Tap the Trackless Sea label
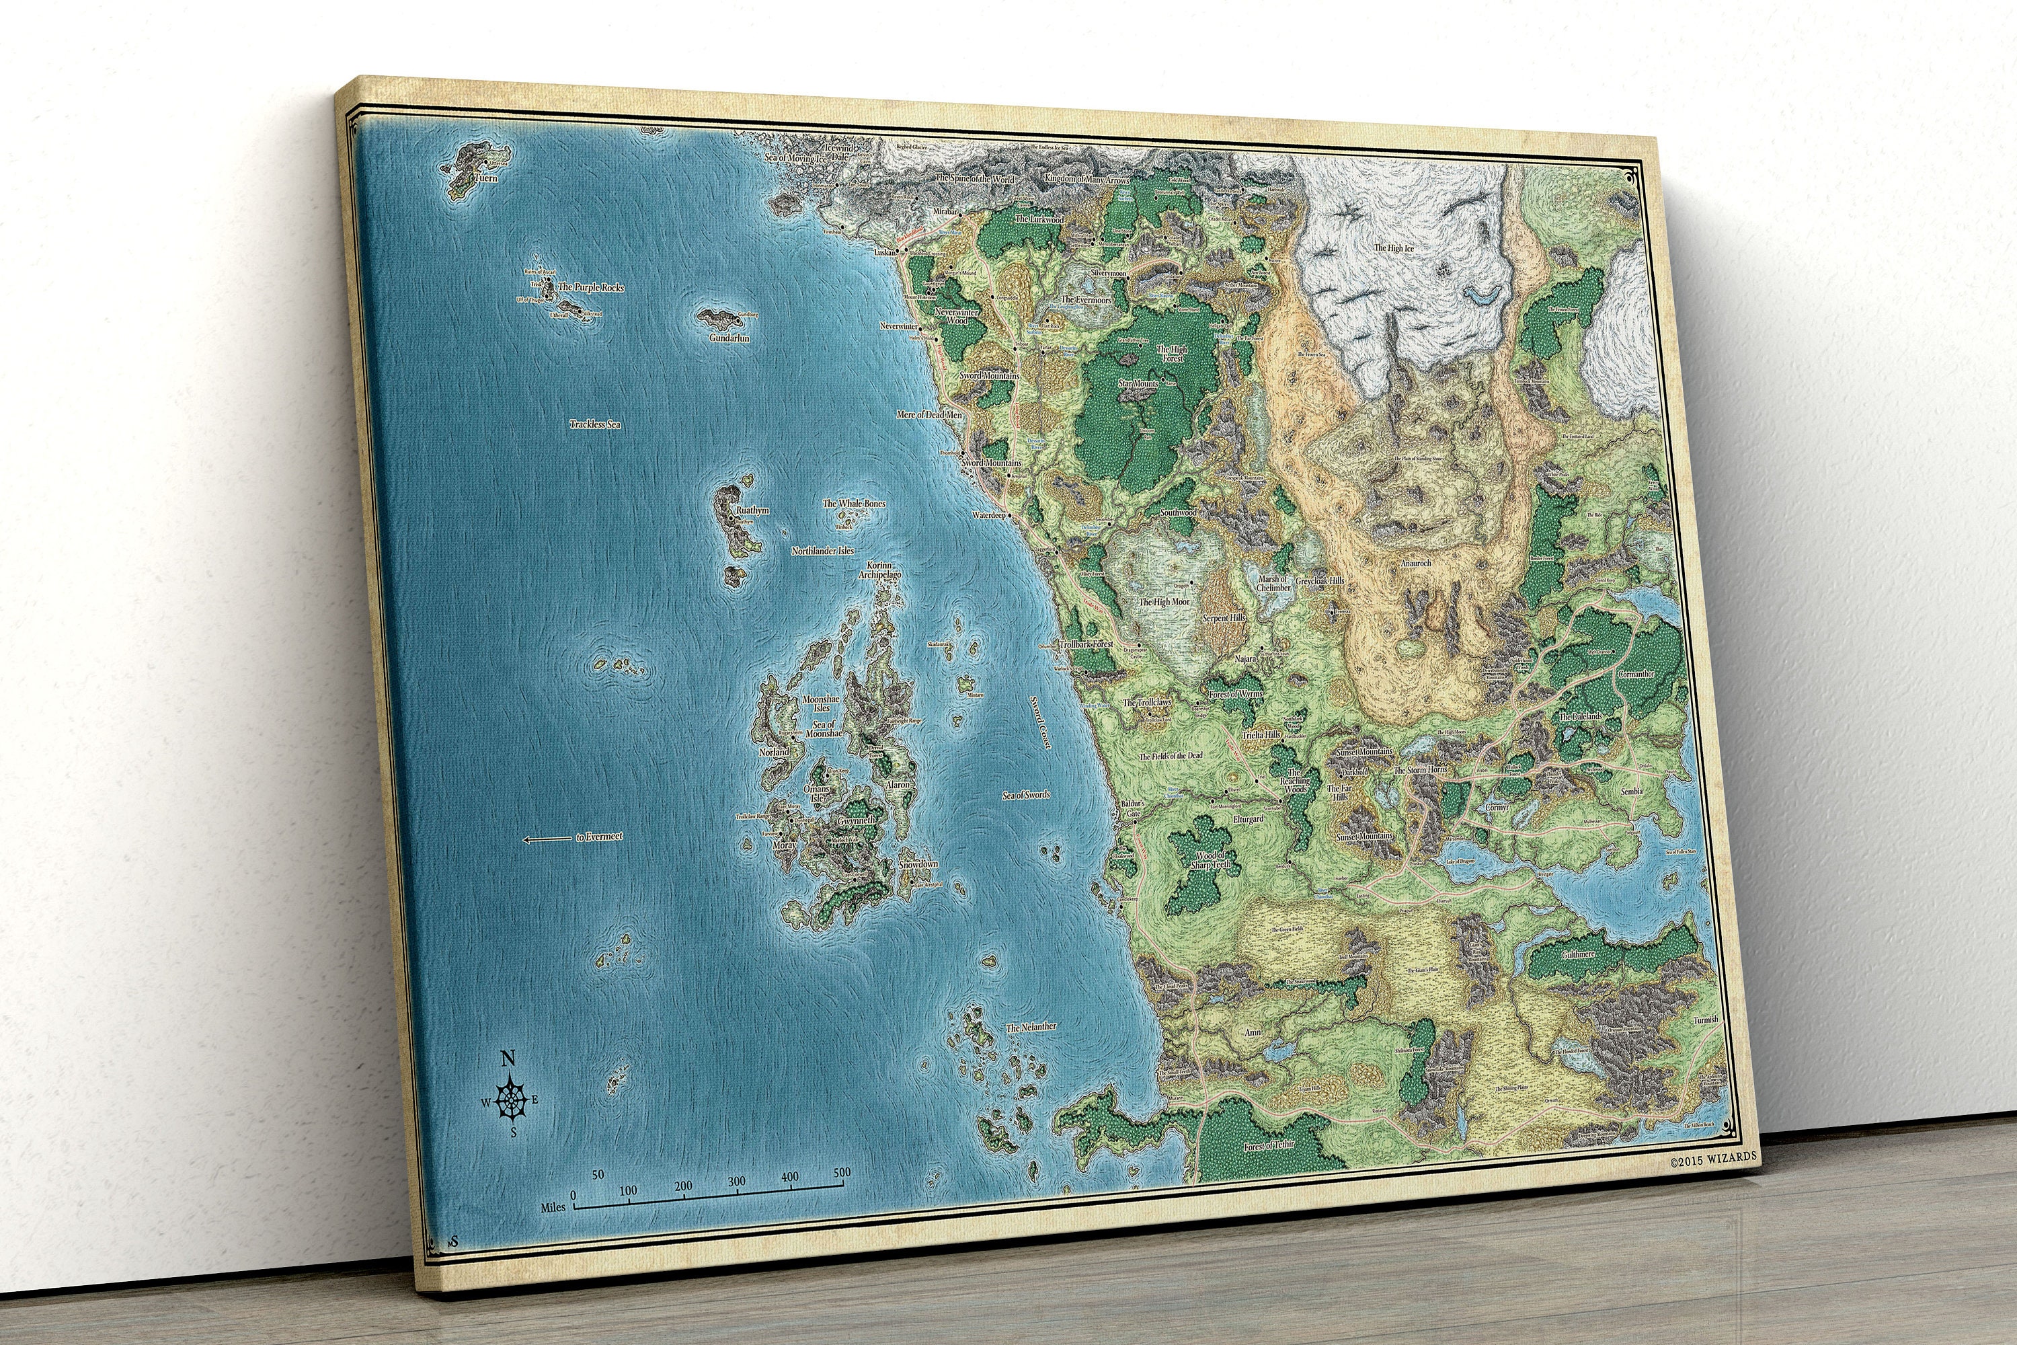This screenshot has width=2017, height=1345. click(x=595, y=424)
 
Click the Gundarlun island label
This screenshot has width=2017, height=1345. click(x=729, y=338)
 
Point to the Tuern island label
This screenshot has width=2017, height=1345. click(x=485, y=178)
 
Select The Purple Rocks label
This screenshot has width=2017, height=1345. click(x=591, y=287)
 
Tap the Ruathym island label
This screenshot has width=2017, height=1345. click(x=752, y=510)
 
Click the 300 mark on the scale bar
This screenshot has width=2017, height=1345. click(x=736, y=1181)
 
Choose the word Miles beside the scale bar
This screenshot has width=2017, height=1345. click(x=553, y=1207)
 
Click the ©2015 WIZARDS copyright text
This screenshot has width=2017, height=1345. click(x=1712, y=1157)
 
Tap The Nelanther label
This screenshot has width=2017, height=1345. click(x=1031, y=1027)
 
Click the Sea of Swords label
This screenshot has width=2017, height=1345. click(x=1026, y=795)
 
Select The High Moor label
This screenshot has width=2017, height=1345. click(x=1164, y=602)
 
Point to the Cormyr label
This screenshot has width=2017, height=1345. click(x=1497, y=807)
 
